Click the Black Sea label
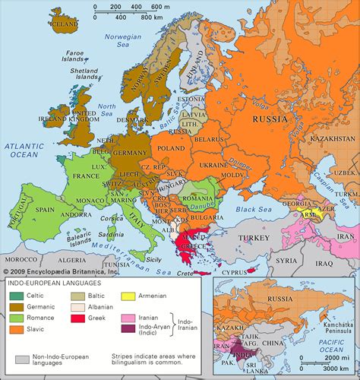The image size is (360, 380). [248, 208]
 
